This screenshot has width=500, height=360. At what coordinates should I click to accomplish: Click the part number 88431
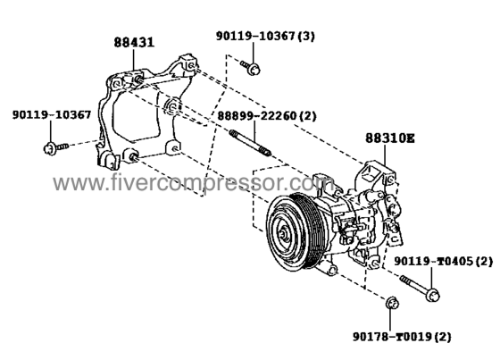[134, 43]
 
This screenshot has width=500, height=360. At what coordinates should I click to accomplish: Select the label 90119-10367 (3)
[265, 36]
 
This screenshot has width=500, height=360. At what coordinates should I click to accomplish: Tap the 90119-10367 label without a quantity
[52, 114]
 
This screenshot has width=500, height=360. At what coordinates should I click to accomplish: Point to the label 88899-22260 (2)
[267, 116]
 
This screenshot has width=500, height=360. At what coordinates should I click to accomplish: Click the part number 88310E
[390, 138]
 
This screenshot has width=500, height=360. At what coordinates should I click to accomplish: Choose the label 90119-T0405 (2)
[444, 262]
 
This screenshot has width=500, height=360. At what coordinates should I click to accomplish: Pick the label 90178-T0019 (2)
[402, 337]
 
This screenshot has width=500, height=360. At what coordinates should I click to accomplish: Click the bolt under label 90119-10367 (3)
[251, 67]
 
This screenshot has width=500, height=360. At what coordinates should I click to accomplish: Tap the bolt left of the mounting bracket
[55, 148]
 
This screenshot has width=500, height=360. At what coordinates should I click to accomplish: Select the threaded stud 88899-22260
[251, 143]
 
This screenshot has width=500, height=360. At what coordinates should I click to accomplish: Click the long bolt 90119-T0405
[420, 288]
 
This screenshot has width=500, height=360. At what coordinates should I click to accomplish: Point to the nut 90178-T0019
[392, 303]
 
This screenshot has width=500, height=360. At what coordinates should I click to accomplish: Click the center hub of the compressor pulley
[283, 234]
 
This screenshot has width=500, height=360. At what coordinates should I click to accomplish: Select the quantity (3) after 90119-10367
[305, 36]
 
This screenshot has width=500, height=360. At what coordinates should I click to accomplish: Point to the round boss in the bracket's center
[171, 106]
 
